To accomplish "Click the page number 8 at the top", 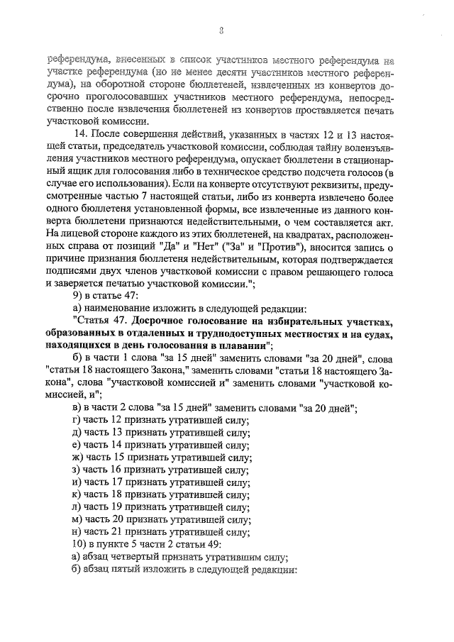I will [221, 30].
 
